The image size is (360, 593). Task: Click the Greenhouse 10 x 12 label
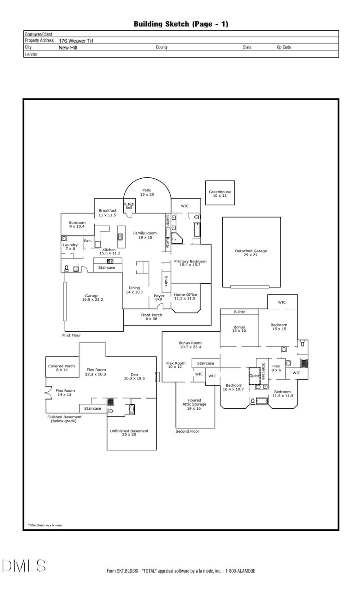pos(220,194)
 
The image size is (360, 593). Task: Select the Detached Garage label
pos(251,253)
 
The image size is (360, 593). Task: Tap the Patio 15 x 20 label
pos(147,192)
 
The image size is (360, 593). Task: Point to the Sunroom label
pos(77,225)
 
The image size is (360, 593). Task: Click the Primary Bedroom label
pos(190,263)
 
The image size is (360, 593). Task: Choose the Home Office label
pos(185,296)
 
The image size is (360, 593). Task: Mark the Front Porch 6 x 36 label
pos(151,317)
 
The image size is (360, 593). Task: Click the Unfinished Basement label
pos(129,433)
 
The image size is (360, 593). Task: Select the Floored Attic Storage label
pos(195,404)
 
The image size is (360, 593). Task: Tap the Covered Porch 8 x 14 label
pos(62,368)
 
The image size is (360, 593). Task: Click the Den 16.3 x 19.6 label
pos(134,376)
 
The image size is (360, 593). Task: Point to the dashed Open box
pos(255,376)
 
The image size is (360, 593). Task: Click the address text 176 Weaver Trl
pos(76,41)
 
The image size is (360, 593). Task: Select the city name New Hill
pos(68,47)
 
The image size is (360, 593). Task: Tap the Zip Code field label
pos(283,47)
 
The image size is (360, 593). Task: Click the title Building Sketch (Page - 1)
pos(181,24)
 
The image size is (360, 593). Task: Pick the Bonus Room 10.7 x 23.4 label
pos(190,345)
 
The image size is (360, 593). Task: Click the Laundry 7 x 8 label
pos(70,247)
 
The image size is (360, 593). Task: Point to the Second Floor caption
pos(187,431)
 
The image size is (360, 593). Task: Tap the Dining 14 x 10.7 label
pos(134,290)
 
